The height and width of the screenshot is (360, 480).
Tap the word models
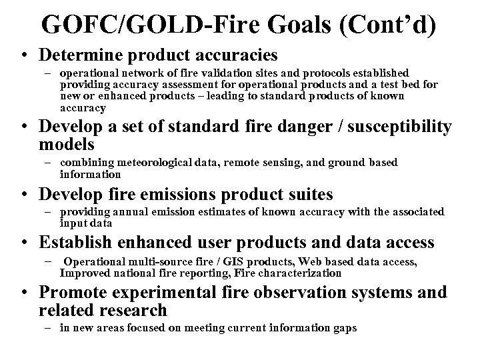(67, 144)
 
